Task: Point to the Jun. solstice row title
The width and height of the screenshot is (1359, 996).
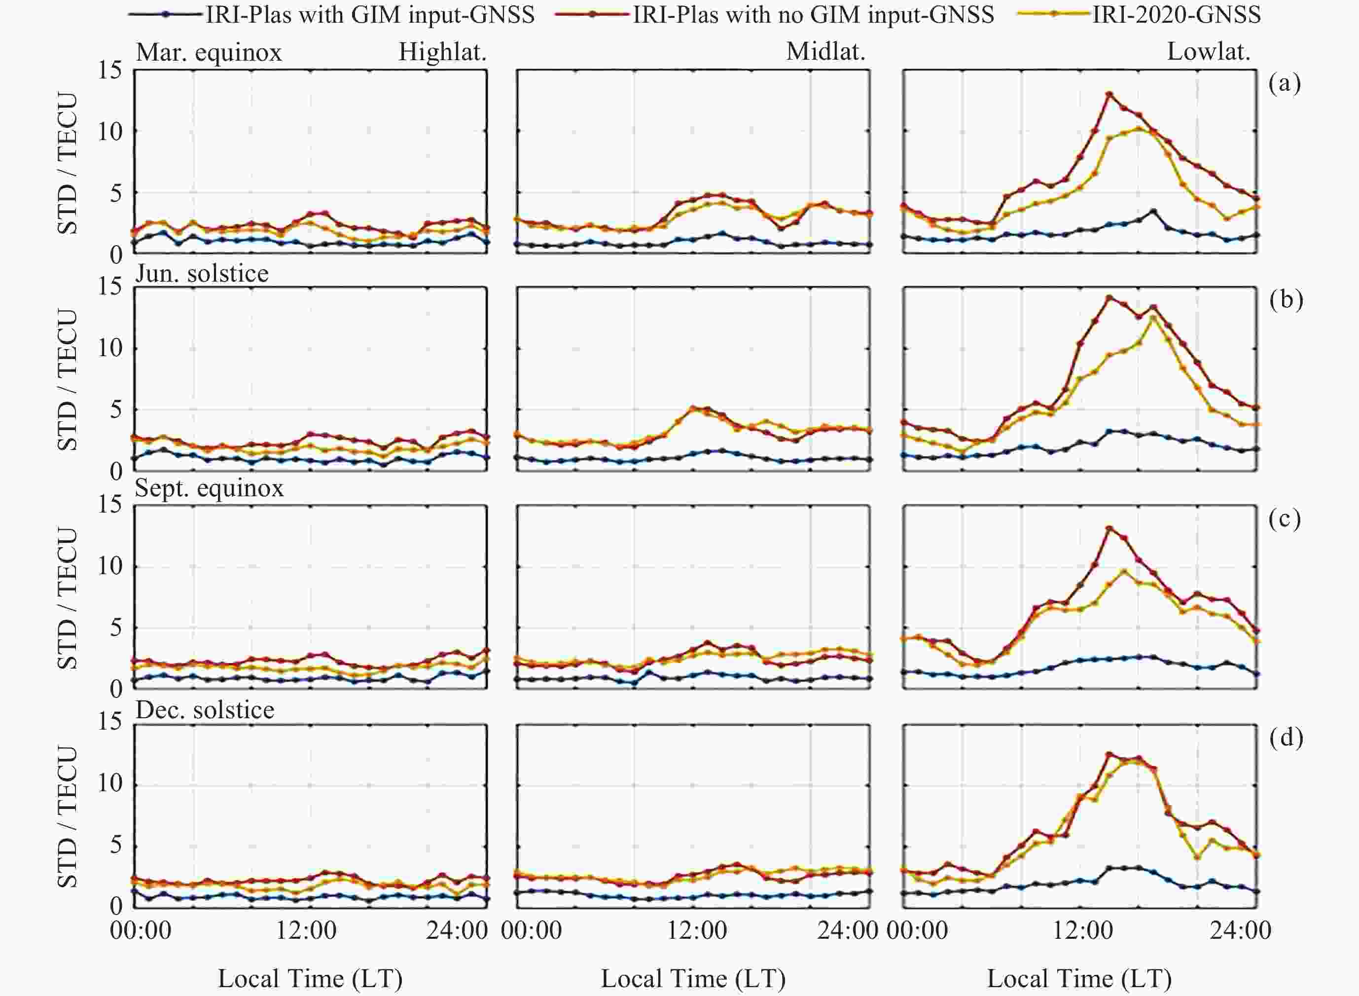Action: (202, 274)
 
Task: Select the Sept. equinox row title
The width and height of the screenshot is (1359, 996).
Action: (209, 488)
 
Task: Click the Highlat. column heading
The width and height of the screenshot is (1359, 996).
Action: (442, 52)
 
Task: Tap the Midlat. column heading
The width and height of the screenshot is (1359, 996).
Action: (825, 52)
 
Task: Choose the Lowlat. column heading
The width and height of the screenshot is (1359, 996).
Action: (1208, 52)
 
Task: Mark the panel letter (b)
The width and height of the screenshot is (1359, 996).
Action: (1286, 299)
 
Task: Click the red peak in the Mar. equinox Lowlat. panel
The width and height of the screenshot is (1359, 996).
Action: (1109, 94)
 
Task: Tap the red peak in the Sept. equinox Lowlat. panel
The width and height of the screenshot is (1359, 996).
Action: (1109, 528)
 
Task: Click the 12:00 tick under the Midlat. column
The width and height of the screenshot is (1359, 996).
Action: (696, 930)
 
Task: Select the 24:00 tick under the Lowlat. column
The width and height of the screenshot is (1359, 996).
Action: (1240, 930)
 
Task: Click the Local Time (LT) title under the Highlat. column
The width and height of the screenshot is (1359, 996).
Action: (310, 979)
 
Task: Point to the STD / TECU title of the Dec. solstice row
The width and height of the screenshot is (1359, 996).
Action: (68, 817)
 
